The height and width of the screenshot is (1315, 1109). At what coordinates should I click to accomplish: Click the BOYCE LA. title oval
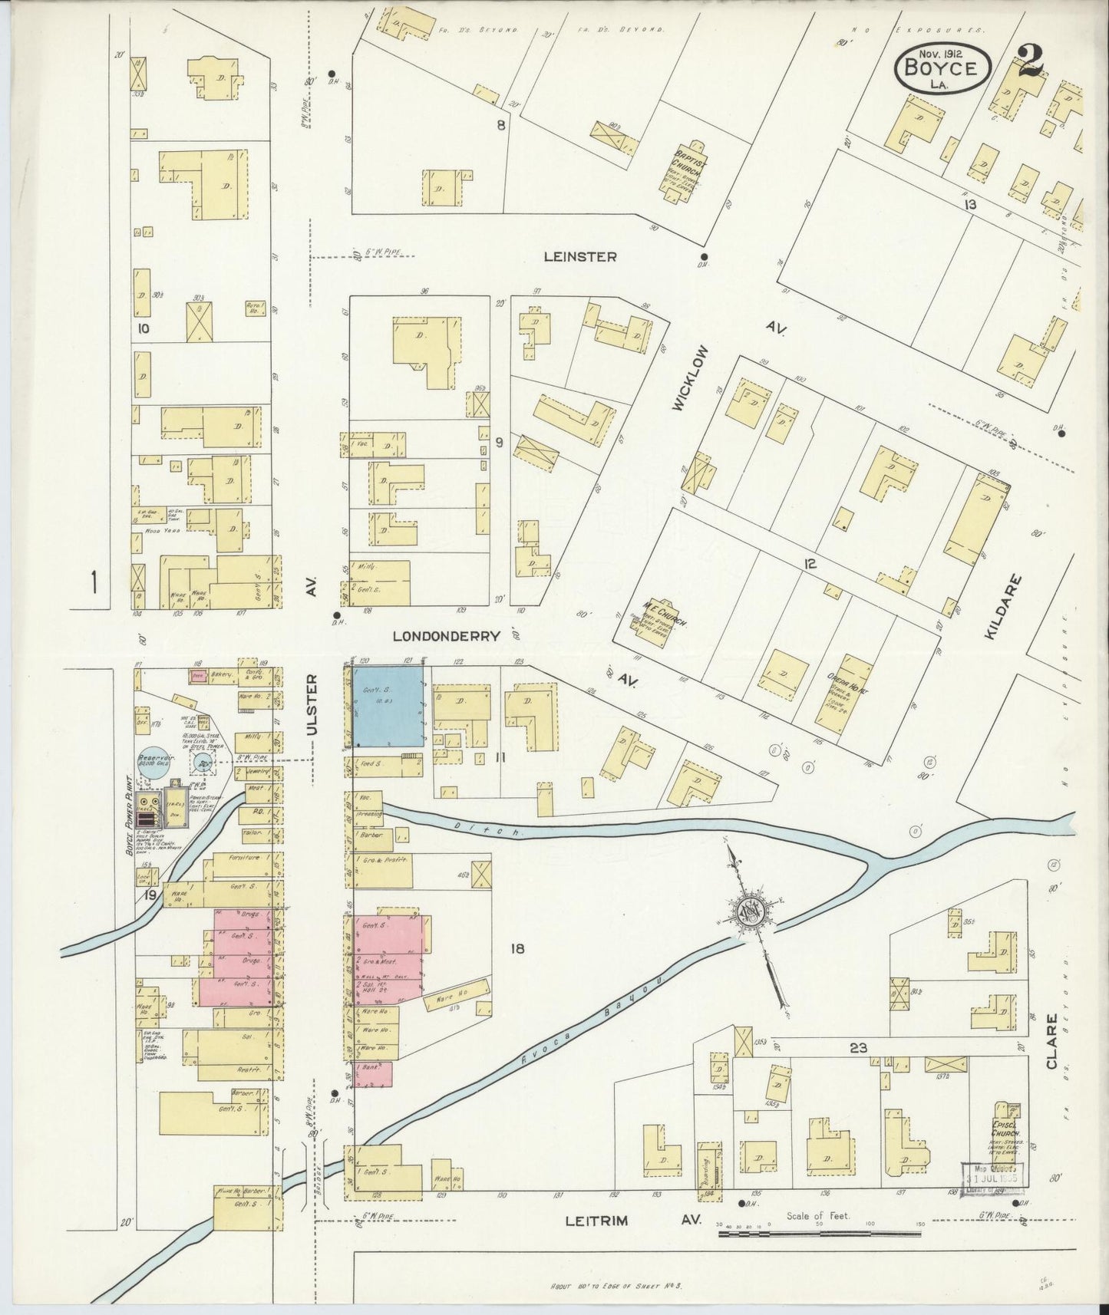pyautogui.click(x=941, y=69)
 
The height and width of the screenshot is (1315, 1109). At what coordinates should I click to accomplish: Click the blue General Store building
pyautogui.click(x=388, y=705)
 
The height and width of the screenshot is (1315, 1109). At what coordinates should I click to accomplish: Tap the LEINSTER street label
pyautogui.click(x=579, y=257)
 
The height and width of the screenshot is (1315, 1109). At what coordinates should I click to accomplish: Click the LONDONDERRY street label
pyautogui.click(x=446, y=636)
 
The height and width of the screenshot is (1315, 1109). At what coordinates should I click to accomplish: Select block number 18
pyautogui.click(x=517, y=949)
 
